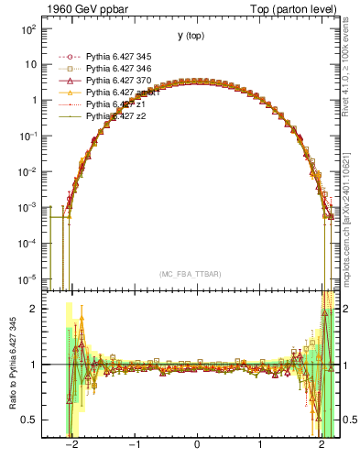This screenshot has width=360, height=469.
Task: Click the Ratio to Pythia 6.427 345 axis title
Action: pos(11,365)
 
